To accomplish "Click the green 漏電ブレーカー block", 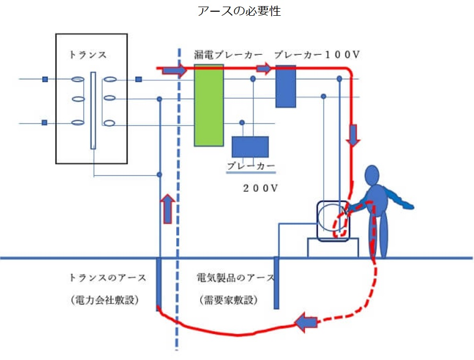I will tap(209, 106).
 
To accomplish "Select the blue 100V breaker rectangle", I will tap(286, 86).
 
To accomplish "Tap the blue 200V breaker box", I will tap(250, 146).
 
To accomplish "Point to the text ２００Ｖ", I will tap(261, 188).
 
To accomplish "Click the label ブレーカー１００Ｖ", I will tap(318, 54).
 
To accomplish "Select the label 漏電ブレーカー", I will tap(228, 54).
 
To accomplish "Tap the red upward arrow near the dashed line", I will tap(168, 208).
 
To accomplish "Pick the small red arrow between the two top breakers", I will tap(264, 68).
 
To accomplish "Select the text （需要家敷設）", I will tap(228, 300).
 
